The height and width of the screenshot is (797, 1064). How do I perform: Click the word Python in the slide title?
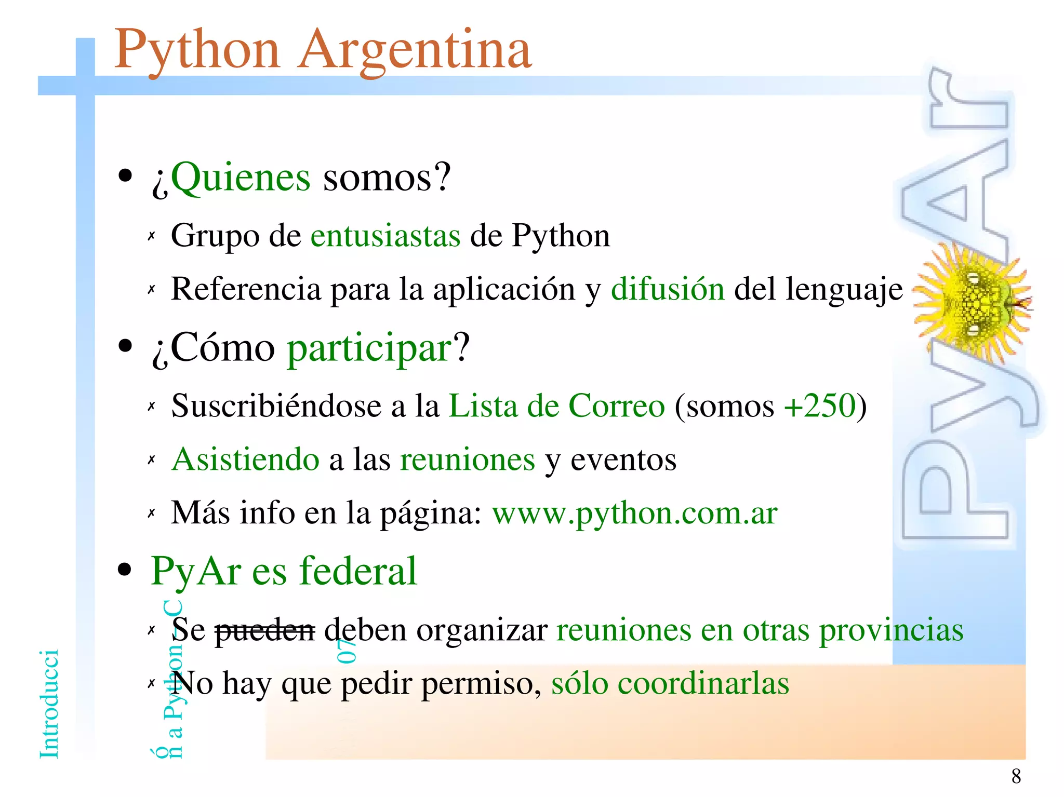coord(197,51)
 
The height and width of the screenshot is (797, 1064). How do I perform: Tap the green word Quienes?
coord(240,178)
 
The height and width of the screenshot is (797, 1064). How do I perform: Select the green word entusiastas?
coord(385,236)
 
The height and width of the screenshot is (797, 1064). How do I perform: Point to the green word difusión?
coord(667,289)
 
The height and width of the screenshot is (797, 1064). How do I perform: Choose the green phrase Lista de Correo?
coord(556,406)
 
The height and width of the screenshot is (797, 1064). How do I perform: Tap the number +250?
coord(819,406)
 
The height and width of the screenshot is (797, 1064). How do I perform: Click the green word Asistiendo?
coord(246,460)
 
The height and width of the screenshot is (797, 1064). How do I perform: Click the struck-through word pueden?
coord(264,630)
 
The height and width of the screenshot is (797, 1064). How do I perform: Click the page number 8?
coord(1016,776)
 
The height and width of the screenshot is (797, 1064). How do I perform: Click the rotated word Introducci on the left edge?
coord(49,704)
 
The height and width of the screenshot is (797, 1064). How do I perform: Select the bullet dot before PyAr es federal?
coord(125,570)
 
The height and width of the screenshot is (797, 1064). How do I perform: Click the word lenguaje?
coord(844,289)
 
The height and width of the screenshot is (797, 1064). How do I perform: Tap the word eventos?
coord(623,460)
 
